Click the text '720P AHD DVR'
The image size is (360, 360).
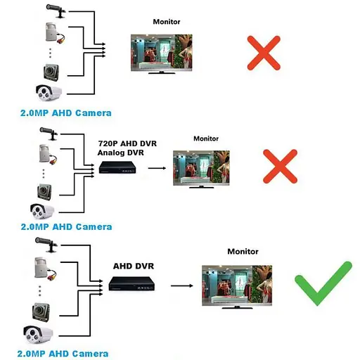127,143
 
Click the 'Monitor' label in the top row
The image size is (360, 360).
167,22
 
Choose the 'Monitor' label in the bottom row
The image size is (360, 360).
243,251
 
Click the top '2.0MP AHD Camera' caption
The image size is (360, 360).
65,112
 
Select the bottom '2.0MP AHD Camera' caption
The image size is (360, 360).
65,354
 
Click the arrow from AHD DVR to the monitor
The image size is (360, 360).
181,285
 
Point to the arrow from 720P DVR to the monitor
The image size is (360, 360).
157,169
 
